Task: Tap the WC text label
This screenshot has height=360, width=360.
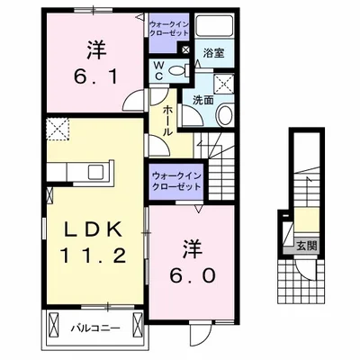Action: point(157,71)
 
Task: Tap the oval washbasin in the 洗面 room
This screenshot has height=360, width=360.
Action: point(224,115)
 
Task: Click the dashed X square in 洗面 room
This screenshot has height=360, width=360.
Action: point(220,86)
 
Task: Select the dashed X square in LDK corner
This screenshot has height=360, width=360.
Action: point(59,132)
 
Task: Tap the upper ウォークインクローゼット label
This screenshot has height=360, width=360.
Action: point(169,26)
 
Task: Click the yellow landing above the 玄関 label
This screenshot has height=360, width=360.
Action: point(307,219)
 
